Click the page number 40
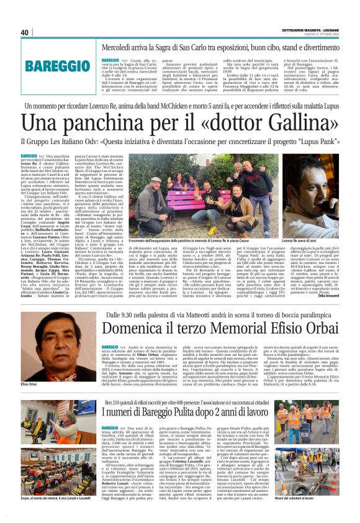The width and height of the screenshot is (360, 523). pos(25,32)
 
